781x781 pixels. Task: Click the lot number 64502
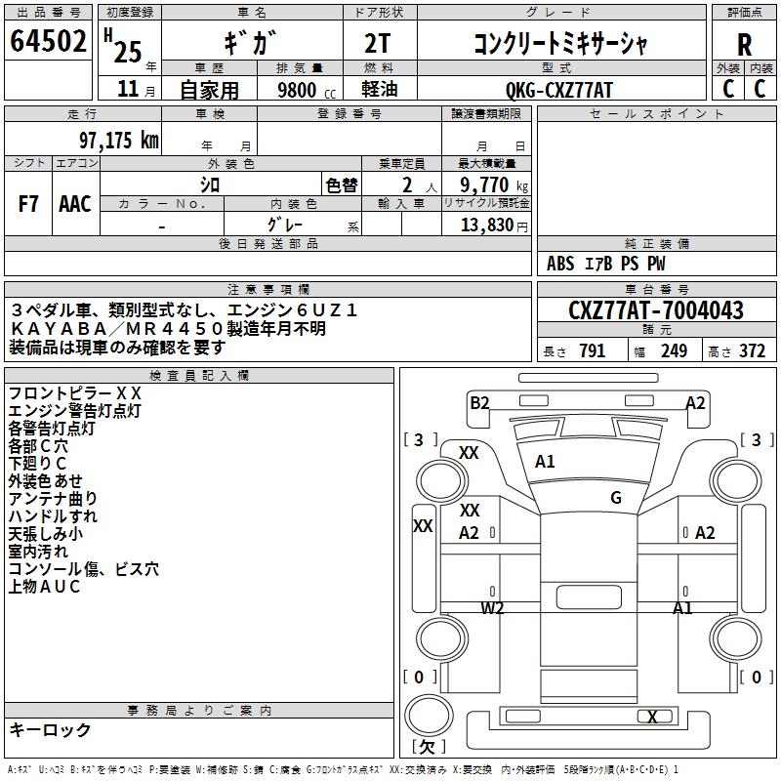(x=48, y=41)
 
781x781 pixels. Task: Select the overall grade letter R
(x=744, y=45)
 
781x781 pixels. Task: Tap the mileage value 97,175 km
(x=119, y=141)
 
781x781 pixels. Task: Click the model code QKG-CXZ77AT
(x=558, y=90)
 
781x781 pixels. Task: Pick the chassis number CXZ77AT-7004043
(x=656, y=309)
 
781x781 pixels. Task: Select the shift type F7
(x=28, y=204)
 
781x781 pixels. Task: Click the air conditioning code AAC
(x=75, y=204)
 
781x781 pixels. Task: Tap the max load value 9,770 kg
(x=494, y=185)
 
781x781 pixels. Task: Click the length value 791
(x=593, y=350)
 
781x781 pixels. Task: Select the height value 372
(x=752, y=350)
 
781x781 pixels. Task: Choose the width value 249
(x=675, y=350)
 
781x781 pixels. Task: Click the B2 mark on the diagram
(x=479, y=403)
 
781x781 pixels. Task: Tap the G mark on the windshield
(x=616, y=497)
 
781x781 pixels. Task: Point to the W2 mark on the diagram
(x=493, y=607)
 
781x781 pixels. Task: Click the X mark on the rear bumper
(x=652, y=717)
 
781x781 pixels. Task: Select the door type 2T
(x=377, y=44)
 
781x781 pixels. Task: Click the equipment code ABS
(x=560, y=264)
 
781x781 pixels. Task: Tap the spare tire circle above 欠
(x=429, y=716)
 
